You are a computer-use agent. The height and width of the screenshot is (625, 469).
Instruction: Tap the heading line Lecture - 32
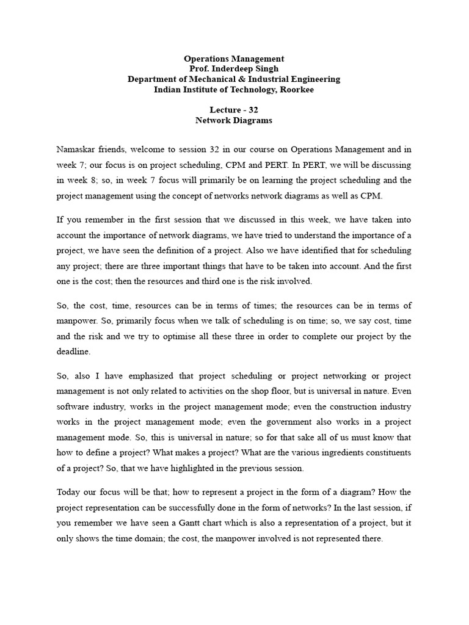point(234,110)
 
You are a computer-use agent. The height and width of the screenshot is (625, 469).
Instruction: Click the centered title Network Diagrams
point(234,121)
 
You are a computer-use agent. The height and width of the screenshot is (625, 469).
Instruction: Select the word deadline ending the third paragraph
point(75,352)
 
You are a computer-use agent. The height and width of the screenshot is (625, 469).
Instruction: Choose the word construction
point(344,406)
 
